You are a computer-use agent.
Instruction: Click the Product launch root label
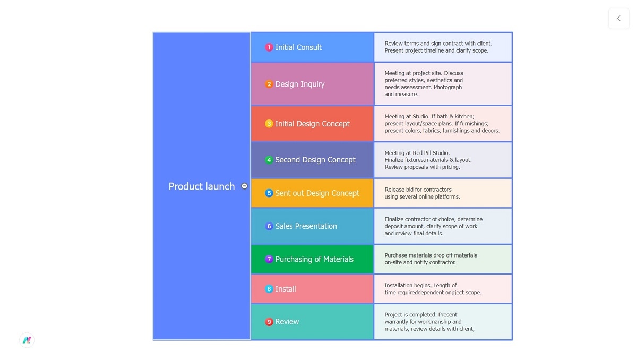201,186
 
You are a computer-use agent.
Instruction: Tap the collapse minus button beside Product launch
244,186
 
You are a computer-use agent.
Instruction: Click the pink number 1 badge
269,47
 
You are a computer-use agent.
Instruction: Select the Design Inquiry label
299,84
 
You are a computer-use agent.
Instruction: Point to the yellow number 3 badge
269,124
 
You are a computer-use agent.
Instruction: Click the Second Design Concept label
315,160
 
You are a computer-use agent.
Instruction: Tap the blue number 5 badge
269,193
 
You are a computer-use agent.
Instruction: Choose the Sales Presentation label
306,226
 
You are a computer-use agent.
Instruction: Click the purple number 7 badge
269,259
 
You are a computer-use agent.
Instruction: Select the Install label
286,289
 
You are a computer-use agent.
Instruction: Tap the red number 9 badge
269,322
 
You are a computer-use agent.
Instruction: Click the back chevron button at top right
618,19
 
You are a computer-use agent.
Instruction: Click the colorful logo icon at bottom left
27,340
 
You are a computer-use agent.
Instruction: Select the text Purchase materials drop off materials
431,255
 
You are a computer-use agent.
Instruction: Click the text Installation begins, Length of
420,285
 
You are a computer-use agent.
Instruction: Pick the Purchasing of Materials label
314,259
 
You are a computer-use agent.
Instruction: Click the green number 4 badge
269,160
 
